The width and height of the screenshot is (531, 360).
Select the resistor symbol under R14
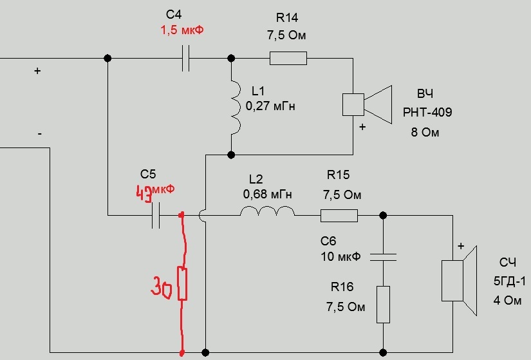pos(288,59)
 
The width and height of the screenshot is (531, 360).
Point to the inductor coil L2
pos(268,212)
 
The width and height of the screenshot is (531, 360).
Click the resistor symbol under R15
pos(339,215)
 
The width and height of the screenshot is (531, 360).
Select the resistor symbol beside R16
pos(383,305)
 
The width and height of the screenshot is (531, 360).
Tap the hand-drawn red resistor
pos(183,284)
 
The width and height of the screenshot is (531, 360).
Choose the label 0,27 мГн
pos(270,106)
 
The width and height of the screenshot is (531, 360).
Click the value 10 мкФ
pos(340,256)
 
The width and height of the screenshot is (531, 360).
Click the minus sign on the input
pos(40,133)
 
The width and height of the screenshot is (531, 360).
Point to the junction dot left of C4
pos(107,59)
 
